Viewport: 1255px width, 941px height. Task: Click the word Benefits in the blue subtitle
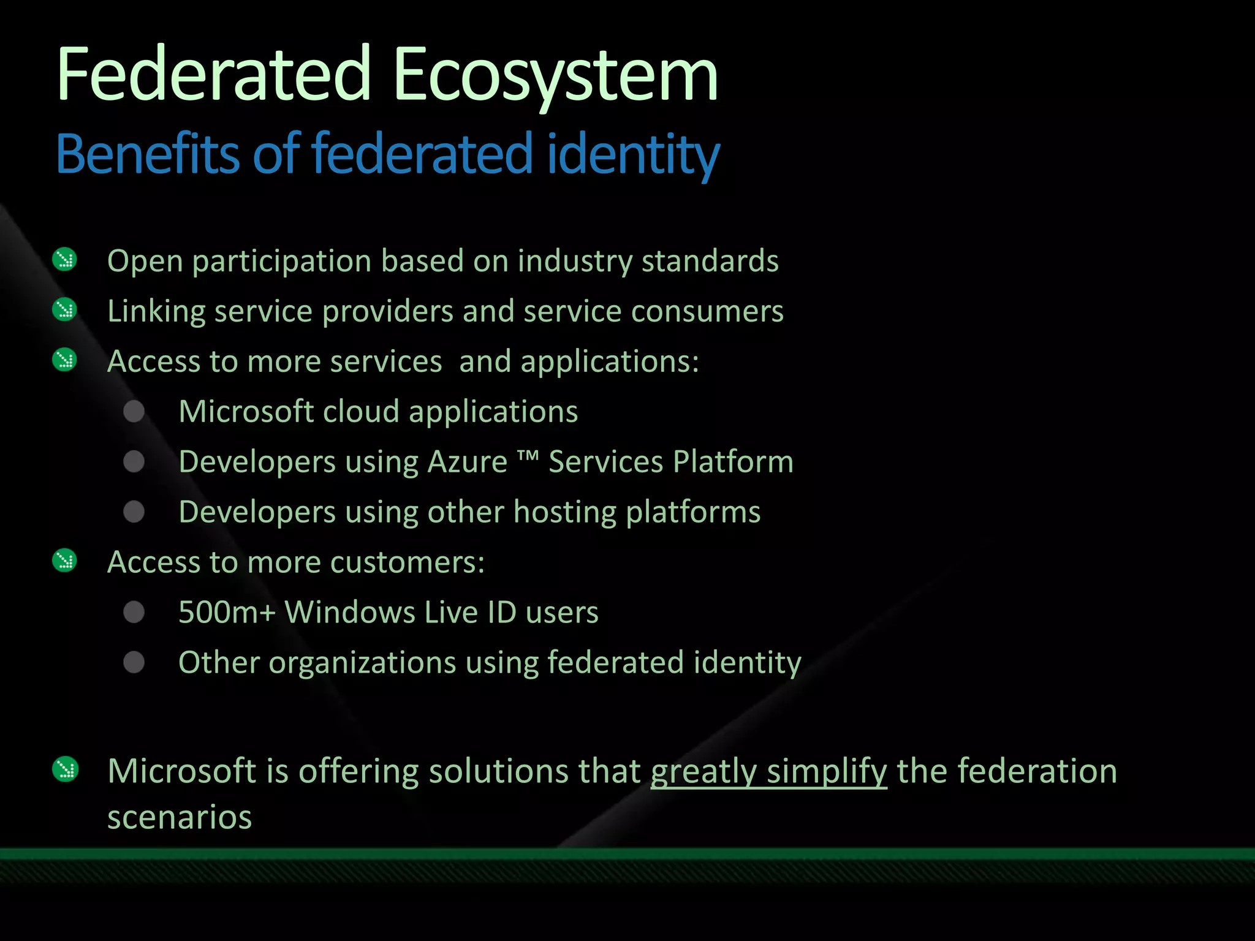(146, 154)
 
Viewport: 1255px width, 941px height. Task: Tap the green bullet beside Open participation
(64, 260)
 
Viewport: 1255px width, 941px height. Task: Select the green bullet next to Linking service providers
(64, 310)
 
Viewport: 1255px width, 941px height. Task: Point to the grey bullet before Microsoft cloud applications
(134, 411)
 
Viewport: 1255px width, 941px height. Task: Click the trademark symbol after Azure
(528, 456)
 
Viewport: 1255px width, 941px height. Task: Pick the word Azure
(467, 462)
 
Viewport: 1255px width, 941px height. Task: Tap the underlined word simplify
(827, 771)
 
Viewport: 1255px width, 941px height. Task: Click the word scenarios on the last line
(180, 817)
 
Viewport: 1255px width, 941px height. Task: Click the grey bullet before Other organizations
(134, 662)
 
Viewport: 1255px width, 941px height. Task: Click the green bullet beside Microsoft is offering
(65, 770)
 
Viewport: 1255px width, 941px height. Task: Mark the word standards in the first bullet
(710, 261)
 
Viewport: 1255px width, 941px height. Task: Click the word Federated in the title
(214, 76)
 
